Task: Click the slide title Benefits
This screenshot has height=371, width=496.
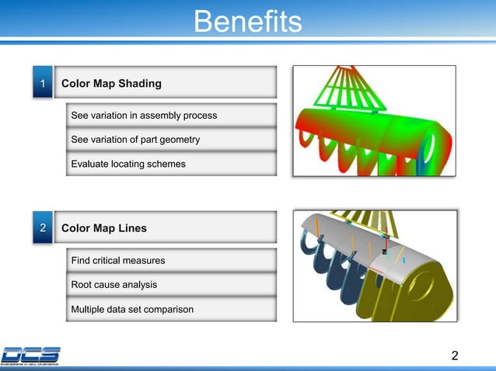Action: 247,21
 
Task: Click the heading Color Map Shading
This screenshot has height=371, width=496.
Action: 111,83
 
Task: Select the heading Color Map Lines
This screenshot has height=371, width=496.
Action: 103,228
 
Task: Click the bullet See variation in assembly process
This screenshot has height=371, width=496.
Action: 144,116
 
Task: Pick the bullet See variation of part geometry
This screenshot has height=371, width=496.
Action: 135,140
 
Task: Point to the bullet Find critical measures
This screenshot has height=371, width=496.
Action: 117,261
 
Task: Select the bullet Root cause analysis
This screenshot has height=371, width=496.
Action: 114,285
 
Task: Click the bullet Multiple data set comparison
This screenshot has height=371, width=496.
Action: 132,310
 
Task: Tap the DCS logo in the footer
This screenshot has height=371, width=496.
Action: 31,355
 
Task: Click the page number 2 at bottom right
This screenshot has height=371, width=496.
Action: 455,356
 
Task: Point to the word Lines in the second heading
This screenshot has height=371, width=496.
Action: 131,228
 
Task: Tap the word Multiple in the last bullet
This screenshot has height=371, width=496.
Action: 89,310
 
